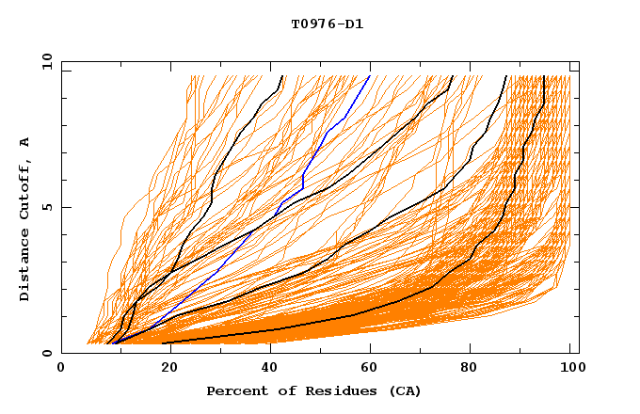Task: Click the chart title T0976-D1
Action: point(327,24)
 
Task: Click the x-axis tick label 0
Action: point(61,369)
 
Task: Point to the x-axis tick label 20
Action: point(164,369)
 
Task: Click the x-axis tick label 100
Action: point(569,369)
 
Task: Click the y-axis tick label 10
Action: point(46,63)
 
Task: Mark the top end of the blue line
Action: point(370,76)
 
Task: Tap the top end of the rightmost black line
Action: point(544,76)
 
